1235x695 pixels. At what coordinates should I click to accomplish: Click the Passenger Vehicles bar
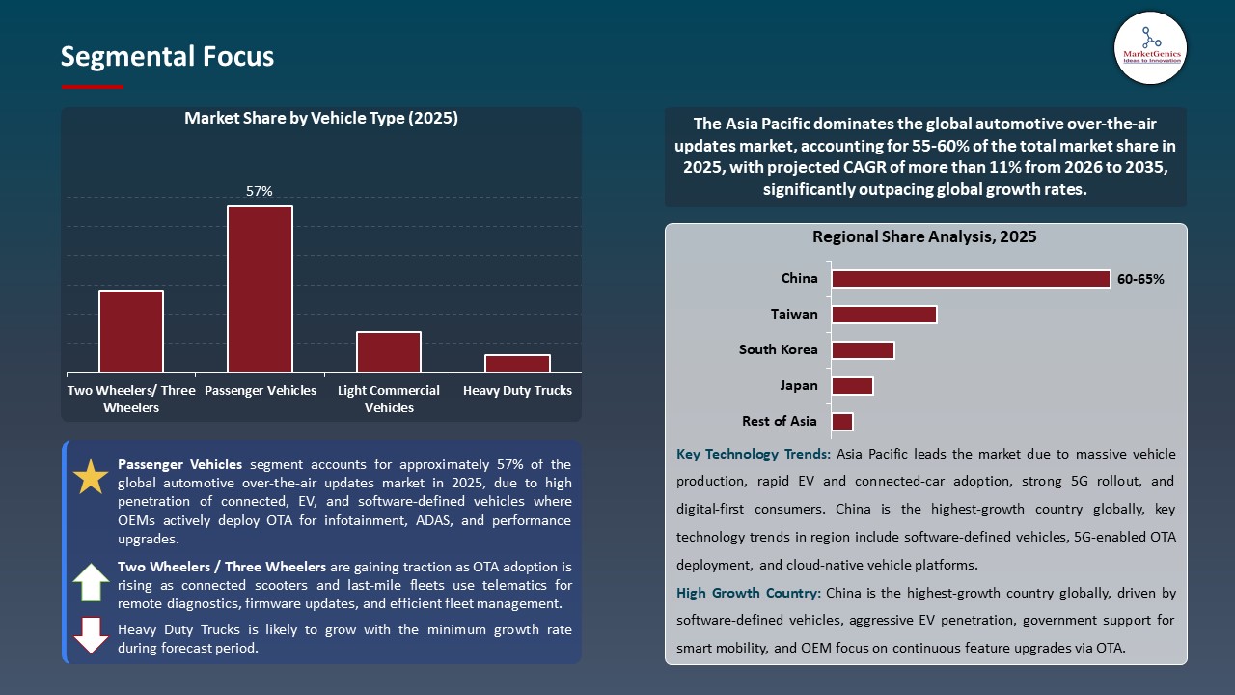(260, 289)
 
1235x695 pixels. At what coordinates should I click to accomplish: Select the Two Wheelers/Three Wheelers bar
(131, 331)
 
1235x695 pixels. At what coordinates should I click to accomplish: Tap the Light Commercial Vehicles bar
(389, 351)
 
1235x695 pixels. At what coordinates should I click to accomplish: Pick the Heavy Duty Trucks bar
(517, 363)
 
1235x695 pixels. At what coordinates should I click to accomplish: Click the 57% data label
(260, 192)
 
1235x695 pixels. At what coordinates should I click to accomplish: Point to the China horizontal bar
(971, 279)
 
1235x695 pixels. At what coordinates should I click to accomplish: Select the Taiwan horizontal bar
(884, 315)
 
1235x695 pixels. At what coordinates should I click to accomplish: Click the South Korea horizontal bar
(863, 349)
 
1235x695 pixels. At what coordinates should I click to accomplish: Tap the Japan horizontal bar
(852, 386)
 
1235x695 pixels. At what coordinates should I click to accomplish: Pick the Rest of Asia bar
(842, 422)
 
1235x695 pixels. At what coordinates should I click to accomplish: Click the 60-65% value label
(1140, 280)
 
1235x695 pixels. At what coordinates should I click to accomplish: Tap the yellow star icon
(92, 477)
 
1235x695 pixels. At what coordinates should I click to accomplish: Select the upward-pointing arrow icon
(92, 583)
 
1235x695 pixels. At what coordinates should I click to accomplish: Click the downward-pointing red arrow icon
(92, 635)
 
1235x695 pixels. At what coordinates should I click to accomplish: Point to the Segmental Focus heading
(167, 57)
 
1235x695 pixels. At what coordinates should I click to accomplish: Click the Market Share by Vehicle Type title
(320, 119)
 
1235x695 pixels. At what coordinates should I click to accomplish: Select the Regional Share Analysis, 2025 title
(924, 237)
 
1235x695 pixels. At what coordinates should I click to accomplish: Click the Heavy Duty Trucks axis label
(517, 391)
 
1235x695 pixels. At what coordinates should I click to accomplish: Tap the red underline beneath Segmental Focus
(93, 87)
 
